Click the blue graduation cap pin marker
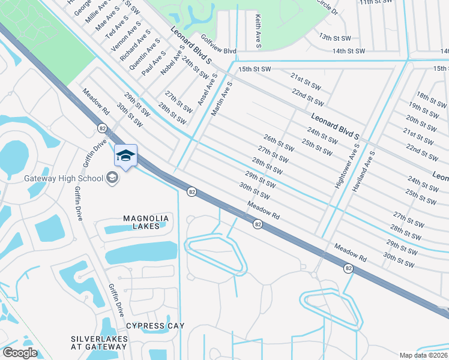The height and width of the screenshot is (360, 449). [125, 156]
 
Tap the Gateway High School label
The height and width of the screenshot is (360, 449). [64, 178]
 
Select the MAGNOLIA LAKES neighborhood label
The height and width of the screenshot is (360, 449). [142, 222]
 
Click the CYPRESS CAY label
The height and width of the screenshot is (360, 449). [155, 326]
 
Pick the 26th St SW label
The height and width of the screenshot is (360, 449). [279, 143]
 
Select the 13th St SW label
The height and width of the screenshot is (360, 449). [334, 37]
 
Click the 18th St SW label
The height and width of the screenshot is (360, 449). [432, 97]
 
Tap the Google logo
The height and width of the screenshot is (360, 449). [19, 353]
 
